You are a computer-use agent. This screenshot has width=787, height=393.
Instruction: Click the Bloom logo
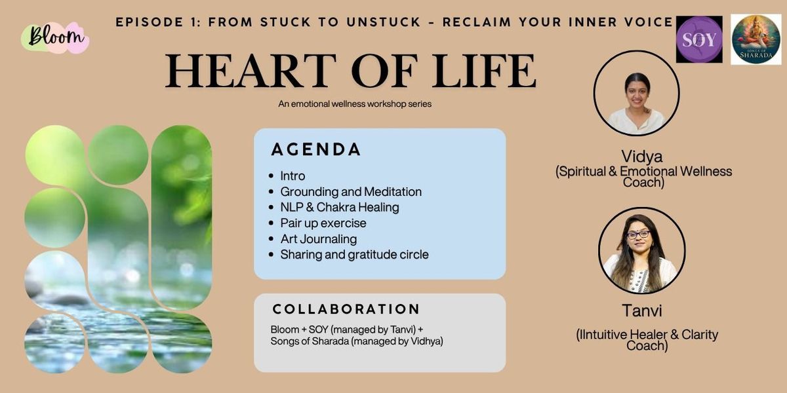[x=55, y=37]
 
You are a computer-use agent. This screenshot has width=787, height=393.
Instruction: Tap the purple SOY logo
[x=699, y=39]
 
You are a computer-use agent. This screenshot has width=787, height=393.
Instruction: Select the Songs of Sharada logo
[x=756, y=40]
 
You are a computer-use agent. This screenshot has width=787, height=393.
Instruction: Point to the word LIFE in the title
[x=484, y=71]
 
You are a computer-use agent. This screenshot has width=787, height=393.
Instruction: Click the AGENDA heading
[x=316, y=149]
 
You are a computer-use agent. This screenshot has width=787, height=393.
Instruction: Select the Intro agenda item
[x=293, y=176]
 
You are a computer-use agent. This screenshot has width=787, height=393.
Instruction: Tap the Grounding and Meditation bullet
[x=351, y=192]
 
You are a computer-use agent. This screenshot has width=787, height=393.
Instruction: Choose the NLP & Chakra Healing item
[x=340, y=208]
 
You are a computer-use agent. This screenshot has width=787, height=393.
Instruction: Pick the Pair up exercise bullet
[x=323, y=223]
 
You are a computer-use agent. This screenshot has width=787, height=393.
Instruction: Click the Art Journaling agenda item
[x=318, y=239]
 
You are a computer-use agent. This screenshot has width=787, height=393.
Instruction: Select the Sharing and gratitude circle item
[x=354, y=255]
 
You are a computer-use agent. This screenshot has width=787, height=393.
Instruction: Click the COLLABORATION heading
[x=346, y=309]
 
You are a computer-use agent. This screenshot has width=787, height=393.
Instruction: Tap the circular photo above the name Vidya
[x=637, y=93]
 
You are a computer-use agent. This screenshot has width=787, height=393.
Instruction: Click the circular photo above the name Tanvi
[x=641, y=250]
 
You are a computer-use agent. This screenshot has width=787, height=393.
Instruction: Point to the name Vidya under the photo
[x=641, y=157]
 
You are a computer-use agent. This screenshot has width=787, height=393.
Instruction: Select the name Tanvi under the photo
[x=642, y=311]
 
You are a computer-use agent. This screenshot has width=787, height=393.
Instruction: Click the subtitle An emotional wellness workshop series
[x=355, y=104]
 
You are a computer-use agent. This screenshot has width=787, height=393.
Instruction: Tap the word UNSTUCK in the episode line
[x=384, y=22]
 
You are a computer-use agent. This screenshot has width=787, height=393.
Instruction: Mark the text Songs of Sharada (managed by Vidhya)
[x=357, y=341]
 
